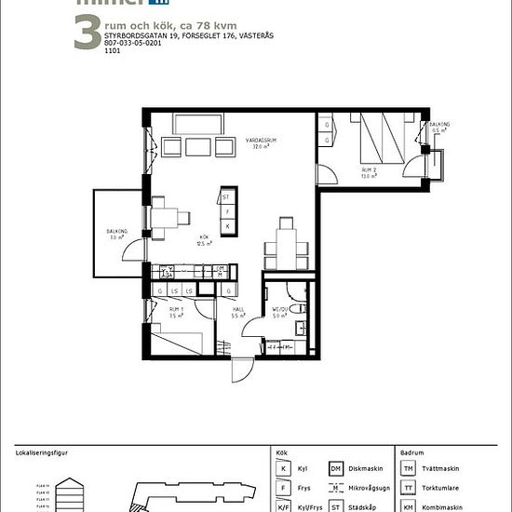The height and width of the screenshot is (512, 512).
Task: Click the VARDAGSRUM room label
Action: click(262, 141)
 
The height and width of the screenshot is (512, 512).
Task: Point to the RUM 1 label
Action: click(175, 312)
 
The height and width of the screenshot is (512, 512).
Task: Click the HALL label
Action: click(237, 312)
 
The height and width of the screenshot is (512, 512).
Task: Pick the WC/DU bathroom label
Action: click(280, 312)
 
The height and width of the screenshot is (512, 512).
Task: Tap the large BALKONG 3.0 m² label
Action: click(116, 235)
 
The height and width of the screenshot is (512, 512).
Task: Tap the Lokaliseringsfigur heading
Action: click(43, 452)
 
